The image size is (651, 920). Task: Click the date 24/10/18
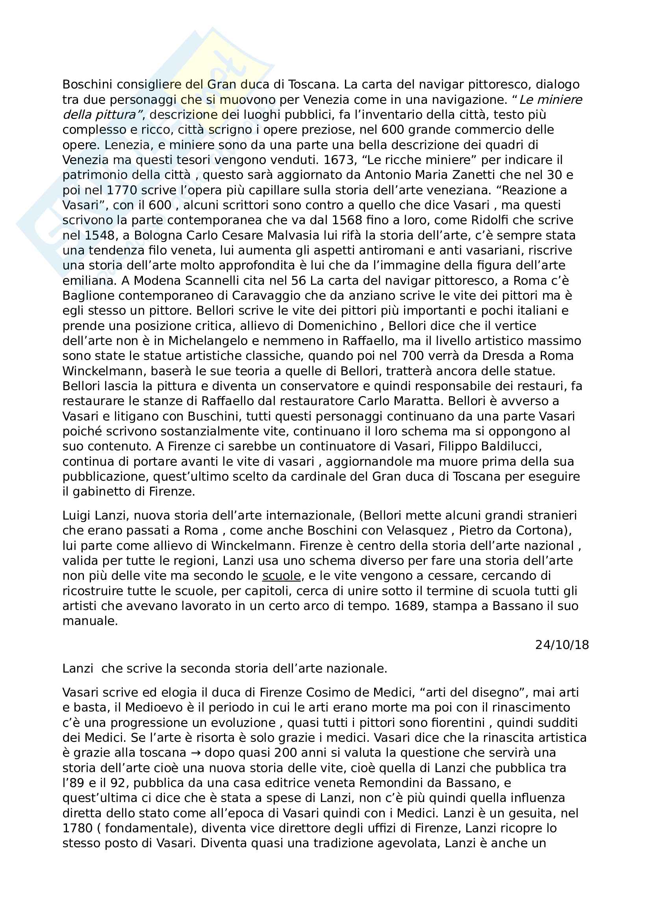point(562,645)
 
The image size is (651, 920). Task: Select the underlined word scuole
point(281,576)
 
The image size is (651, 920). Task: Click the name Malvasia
point(270,235)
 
